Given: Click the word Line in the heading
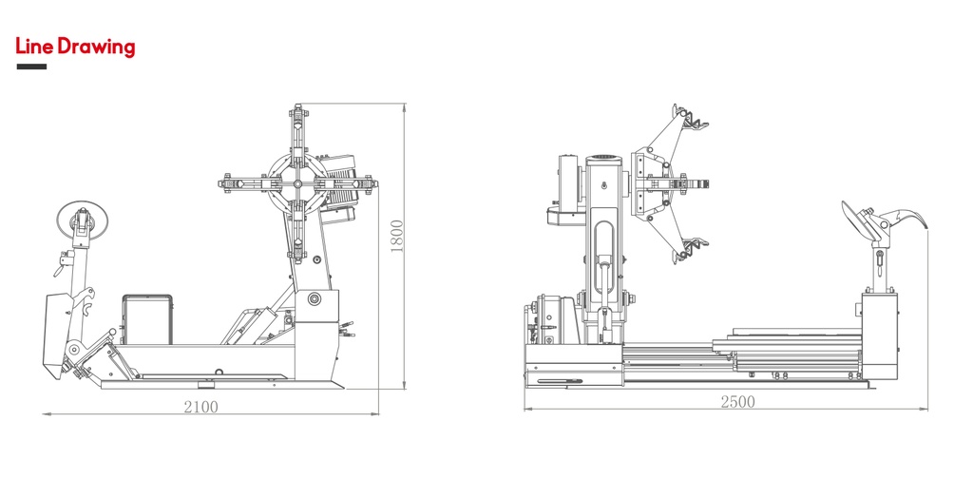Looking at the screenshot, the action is click(x=35, y=47).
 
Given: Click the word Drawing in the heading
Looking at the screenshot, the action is click(x=96, y=48).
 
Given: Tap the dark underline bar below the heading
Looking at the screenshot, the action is click(x=31, y=67).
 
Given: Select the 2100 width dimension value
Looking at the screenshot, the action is click(x=201, y=407).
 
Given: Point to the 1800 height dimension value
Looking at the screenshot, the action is click(x=397, y=236).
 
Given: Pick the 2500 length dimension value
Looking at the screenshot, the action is click(x=737, y=401).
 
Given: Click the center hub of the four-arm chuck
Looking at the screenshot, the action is click(x=297, y=183).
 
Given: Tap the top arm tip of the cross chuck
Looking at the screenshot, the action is click(x=297, y=112).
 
